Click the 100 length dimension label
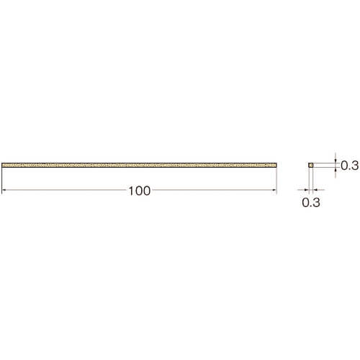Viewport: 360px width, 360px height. tap(140, 191)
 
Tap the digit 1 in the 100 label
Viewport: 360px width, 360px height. tap(131, 191)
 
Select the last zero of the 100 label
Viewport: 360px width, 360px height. tap(147, 191)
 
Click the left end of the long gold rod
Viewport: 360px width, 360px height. tap(2, 165)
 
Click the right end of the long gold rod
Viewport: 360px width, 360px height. tap(276, 165)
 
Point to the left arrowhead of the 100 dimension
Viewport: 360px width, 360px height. tap(4, 190)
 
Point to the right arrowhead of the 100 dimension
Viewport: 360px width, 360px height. tap(274, 190)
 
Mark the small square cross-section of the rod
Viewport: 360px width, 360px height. tap(311, 165)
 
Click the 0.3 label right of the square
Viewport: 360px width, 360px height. tap(350, 166)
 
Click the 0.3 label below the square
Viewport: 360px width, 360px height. tap(311, 202)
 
